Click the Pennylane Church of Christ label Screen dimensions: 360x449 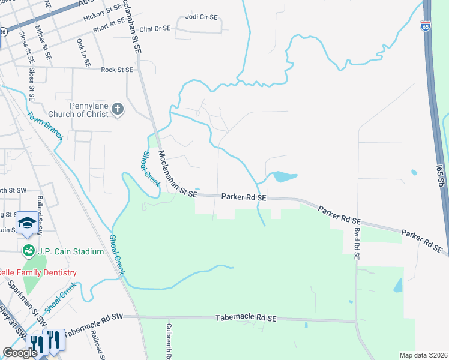[88, 109]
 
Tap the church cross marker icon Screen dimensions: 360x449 [118, 109]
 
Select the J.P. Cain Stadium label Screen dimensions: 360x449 [71, 251]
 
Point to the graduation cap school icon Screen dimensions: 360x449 [26, 222]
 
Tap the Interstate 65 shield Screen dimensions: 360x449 [425, 26]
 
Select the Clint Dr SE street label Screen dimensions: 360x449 [155, 29]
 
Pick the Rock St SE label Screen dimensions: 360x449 [116, 70]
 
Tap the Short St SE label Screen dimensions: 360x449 [109, 24]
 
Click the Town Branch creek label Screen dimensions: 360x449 [45, 126]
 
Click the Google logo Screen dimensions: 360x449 [20, 353]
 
